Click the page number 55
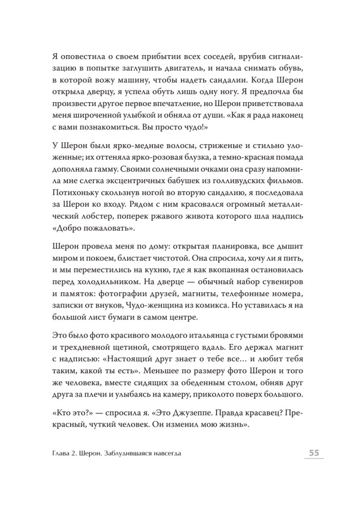(314, 453)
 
